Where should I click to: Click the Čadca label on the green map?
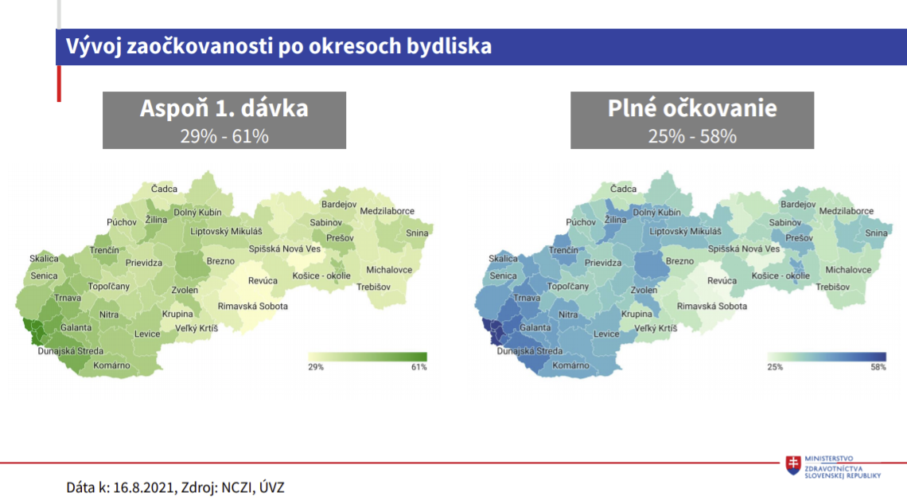click(164, 189)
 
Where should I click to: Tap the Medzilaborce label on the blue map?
click(847, 211)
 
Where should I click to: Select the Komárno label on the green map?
click(111, 365)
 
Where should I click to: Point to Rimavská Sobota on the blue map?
click(712, 307)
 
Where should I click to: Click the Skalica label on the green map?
click(44, 259)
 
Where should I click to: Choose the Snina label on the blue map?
click(876, 232)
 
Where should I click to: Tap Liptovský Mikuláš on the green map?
click(226, 232)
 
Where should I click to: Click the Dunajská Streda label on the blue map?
click(530, 350)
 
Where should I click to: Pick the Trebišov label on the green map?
click(374, 287)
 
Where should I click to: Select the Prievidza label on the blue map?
click(603, 263)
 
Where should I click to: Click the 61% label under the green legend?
click(418, 367)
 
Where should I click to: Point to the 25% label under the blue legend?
click(775, 367)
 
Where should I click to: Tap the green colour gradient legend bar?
click(368, 357)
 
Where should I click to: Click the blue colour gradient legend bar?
click(827, 357)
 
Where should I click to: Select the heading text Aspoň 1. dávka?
click(224, 108)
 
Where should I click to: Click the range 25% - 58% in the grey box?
click(692, 136)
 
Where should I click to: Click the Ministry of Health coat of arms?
click(793, 465)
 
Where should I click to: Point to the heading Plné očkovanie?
click(692, 108)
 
